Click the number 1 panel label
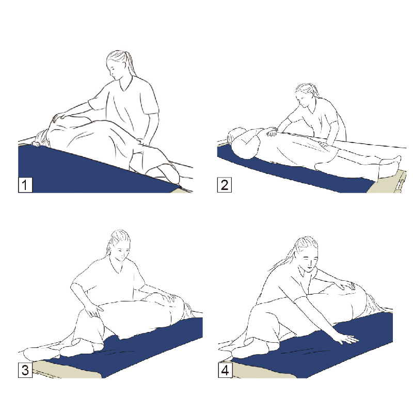25,185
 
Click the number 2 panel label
225,185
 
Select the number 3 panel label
25,370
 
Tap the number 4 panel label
225,370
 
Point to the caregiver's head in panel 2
306,94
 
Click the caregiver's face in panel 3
122,253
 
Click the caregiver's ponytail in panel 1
131,63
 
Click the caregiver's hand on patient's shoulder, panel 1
60,117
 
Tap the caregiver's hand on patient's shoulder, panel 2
272,131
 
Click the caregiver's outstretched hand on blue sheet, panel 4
347,339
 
